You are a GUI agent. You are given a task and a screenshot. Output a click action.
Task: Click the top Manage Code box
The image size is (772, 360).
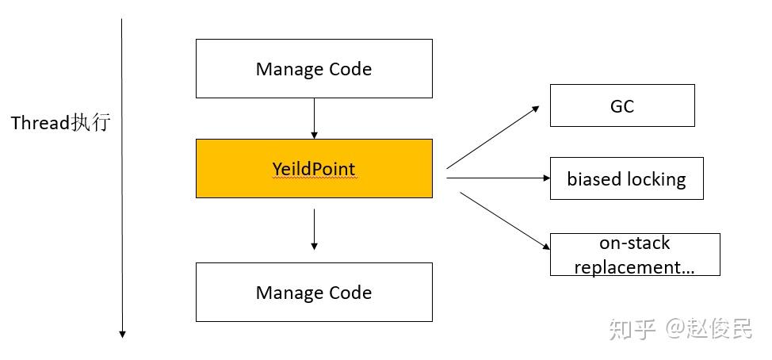pyautogui.click(x=314, y=69)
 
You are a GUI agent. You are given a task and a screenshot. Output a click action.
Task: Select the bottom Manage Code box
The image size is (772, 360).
pyautogui.click(x=314, y=293)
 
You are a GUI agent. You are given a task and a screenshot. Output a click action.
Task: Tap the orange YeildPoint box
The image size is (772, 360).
pyautogui.click(x=314, y=169)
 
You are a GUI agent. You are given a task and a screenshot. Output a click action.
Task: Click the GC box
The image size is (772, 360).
pyautogui.click(x=622, y=105)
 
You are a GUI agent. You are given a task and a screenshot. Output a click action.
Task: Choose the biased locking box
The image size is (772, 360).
pyautogui.click(x=626, y=178)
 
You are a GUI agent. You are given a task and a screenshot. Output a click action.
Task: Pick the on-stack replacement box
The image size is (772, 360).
pyautogui.click(x=635, y=255)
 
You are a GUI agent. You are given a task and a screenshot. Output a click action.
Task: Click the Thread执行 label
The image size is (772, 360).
pyautogui.click(x=60, y=124)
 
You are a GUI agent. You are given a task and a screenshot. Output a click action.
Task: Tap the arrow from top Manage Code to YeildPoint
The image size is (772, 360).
pyautogui.click(x=314, y=118)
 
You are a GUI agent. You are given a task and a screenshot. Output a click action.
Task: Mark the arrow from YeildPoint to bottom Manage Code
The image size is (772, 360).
pyautogui.click(x=314, y=230)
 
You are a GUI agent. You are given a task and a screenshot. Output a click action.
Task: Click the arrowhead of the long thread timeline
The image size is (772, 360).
pyautogui.click(x=122, y=334)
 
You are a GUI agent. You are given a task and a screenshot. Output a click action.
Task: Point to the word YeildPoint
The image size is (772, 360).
pyautogui.click(x=314, y=169)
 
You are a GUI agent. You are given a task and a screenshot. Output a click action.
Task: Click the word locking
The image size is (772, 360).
pyautogui.click(x=655, y=179)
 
